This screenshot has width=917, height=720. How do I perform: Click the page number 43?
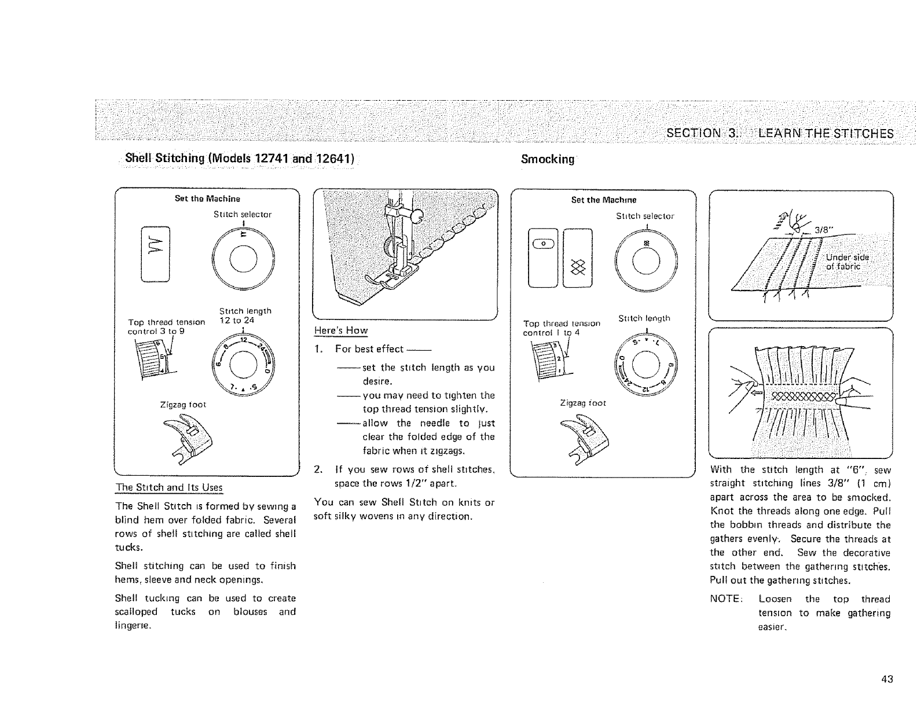coord(887,679)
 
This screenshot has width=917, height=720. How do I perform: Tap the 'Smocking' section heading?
coord(547,159)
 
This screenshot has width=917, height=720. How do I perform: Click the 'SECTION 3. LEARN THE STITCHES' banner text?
coord(779,133)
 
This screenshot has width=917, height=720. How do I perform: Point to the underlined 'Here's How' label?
coord(340,330)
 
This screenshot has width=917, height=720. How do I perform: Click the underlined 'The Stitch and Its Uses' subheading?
coord(169,487)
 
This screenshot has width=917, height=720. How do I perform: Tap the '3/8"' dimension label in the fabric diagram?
coord(823,229)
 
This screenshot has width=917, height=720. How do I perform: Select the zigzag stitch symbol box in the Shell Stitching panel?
coord(155,255)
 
